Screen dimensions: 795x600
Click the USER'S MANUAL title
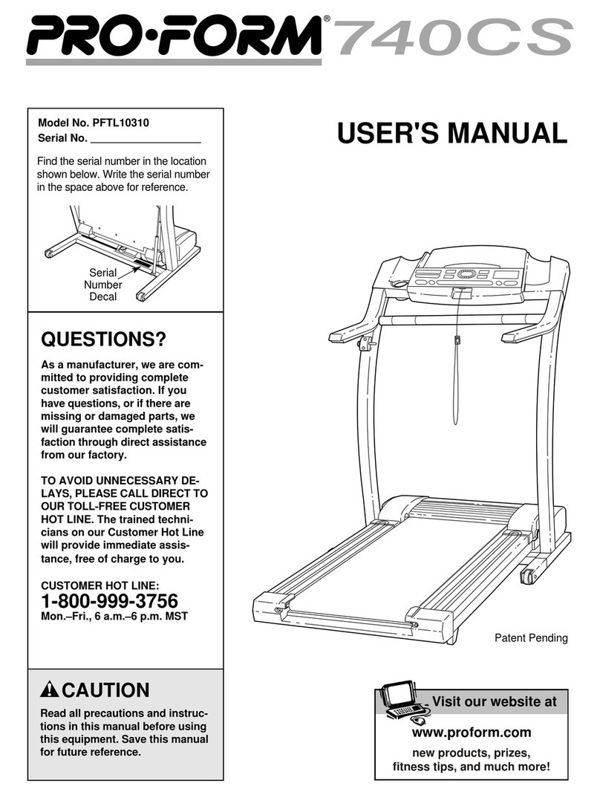451,134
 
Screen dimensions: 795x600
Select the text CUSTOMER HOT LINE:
100,585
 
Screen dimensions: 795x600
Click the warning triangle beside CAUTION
50,689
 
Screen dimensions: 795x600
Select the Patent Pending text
531,637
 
